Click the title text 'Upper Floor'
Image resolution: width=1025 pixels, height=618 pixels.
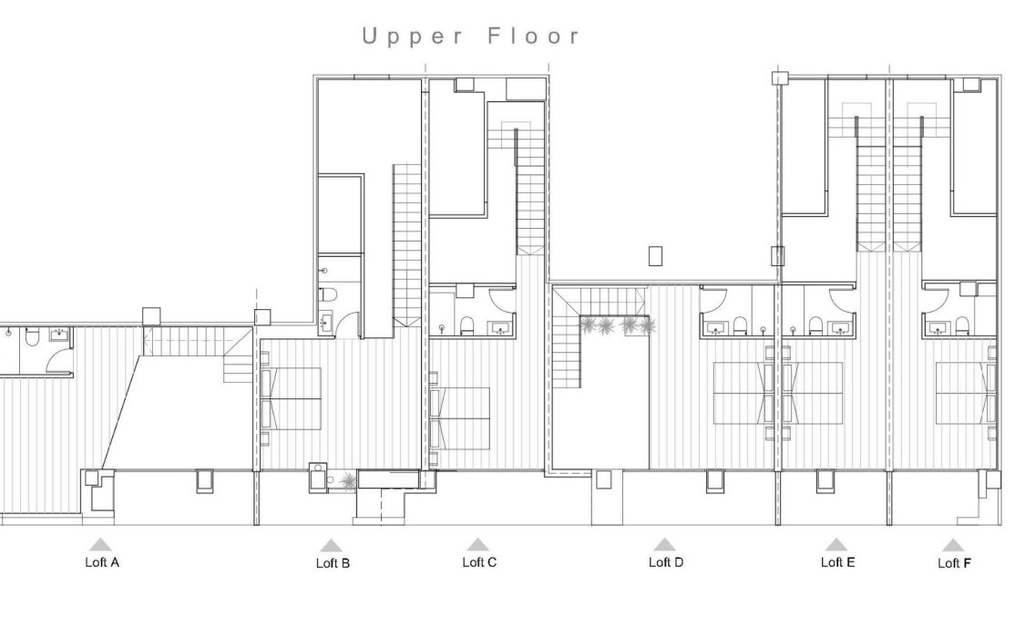tap(471, 36)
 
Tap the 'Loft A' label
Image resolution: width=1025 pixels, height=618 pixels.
tap(101, 562)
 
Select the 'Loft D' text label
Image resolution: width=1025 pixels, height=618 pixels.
tap(665, 562)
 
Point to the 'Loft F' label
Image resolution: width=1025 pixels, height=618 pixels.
tap(954, 563)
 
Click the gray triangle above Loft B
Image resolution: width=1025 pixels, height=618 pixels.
tap(331, 545)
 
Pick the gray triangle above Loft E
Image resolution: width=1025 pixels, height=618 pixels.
tap(835, 544)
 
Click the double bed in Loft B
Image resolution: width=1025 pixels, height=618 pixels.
tap(292, 398)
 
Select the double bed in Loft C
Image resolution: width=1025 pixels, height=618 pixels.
tap(461, 417)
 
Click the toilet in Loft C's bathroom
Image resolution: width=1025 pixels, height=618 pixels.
tap(467, 326)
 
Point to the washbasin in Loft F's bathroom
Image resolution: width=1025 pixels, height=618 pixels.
tap(935, 326)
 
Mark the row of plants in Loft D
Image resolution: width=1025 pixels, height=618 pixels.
tap(616, 325)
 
